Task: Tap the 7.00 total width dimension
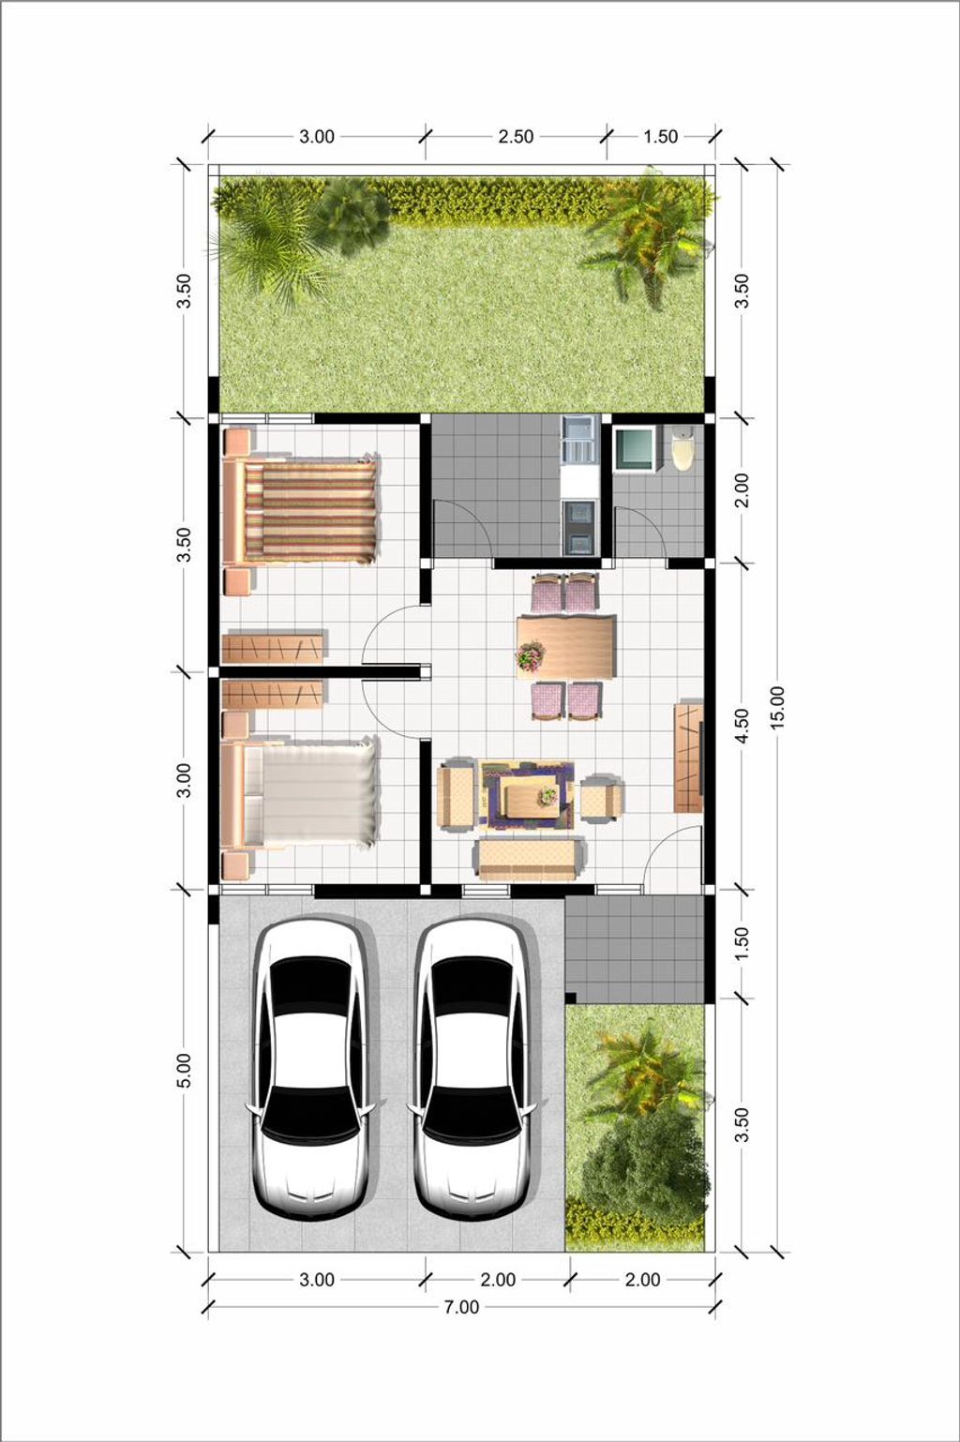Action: pos(461,1307)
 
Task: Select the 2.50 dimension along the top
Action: pos(516,137)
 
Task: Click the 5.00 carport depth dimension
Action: pos(184,1070)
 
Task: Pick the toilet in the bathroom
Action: pos(683,447)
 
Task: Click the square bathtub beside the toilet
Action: pos(634,448)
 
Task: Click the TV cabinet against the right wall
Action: pos(688,758)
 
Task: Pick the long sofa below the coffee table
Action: pos(530,858)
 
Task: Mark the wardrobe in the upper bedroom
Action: pos(273,647)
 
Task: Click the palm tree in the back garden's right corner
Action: pos(647,234)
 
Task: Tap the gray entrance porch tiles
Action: pos(635,948)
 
